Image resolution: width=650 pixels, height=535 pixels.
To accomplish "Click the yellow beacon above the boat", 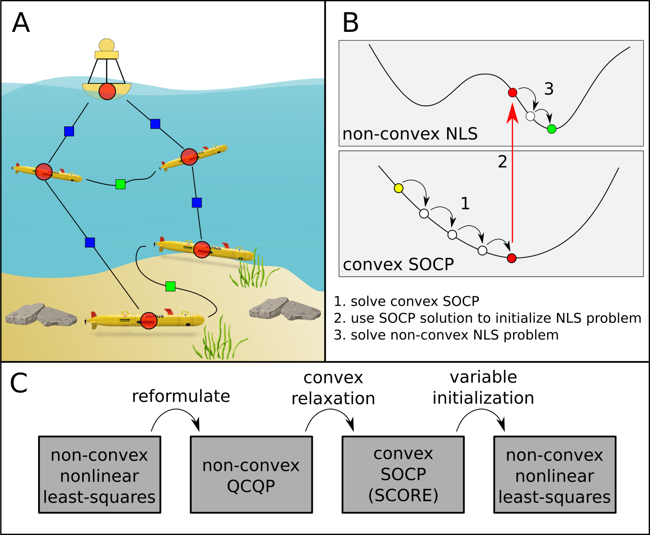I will coord(107,49).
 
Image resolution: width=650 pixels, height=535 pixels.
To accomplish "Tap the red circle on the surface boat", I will coord(107,91).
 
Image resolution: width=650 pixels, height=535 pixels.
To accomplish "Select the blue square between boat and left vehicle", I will coord(69,131).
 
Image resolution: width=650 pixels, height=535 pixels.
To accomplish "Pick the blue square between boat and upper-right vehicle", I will coord(155,124).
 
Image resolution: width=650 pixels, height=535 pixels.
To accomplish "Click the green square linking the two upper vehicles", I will coord(120,184).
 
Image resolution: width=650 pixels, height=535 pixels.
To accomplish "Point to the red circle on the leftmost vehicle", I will coord(44,172).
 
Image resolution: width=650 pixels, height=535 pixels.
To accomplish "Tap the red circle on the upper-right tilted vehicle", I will coord(189,157).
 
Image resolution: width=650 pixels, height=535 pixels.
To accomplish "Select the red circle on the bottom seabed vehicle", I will coord(149,321).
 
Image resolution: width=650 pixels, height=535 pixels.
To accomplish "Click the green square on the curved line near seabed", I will coord(170,286).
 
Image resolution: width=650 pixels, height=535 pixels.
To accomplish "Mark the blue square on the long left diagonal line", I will coord(90,243).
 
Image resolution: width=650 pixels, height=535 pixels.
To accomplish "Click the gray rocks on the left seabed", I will coord(40,314).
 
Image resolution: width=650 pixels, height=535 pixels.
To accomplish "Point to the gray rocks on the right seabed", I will coord(285,309).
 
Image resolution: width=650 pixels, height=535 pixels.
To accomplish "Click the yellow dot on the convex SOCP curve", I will coord(398,188).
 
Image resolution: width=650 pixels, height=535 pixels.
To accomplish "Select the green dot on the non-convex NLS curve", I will coord(552,129).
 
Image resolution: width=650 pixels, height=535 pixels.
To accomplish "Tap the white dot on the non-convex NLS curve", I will coord(530,116).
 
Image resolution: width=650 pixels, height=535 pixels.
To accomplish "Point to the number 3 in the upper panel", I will coord(549,89).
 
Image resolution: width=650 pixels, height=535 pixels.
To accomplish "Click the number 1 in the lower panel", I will coord(465,204).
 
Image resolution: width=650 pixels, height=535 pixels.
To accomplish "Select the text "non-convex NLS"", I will coord(410,134).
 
